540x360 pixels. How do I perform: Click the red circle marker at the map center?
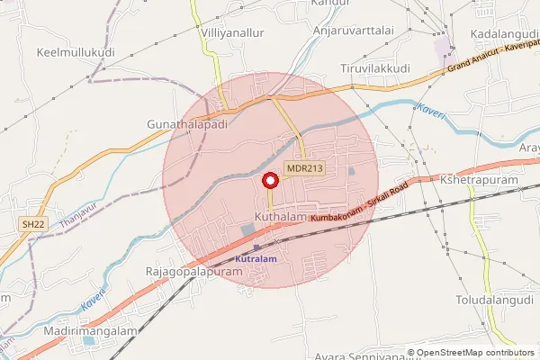[x=269, y=180]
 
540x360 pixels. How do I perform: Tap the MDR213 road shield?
[x=304, y=168]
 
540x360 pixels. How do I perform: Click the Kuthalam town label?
[x=281, y=218]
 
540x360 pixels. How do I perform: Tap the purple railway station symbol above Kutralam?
[x=256, y=247]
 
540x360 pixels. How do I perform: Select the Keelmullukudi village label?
[x=75, y=53]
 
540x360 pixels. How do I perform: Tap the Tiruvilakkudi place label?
[x=374, y=68]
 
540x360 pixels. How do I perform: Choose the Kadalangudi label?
[x=504, y=33]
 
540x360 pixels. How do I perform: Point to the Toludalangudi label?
[x=495, y=298]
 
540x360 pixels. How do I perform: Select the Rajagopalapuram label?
[x=194, y=271]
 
